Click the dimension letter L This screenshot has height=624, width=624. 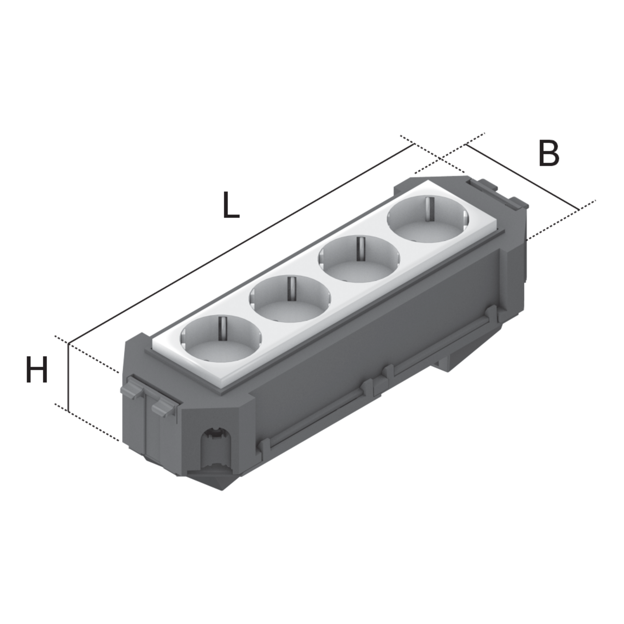(x=231, y=205)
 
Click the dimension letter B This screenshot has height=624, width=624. (x=549, y=154)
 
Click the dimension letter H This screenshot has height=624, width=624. (x=37, y=369)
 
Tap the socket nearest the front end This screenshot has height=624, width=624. (x=221, y=339)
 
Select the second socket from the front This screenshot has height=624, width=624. (x=290, y=299)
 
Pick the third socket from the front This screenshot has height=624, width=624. (x=359, y=259)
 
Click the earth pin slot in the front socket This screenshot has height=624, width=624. (x=222, y=329)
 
